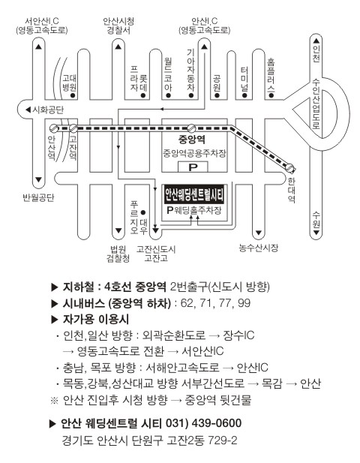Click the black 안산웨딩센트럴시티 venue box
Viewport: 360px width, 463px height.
(x=194, y=195)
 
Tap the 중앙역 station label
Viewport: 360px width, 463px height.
(x=192, y=139)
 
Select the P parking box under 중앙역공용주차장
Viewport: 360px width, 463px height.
(x=193, y=167)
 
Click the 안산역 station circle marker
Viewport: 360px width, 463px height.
(x=54, y=128)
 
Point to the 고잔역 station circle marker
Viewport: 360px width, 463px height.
(x=73, y=128)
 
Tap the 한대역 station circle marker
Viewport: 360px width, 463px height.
(x=290, y=168)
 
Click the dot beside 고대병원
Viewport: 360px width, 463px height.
(x=73, y=95)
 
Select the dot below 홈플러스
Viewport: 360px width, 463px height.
(x=271, y=95)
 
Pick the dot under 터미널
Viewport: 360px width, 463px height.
(x=244, y=95)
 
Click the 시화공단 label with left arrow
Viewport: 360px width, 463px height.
(x=45, y=110)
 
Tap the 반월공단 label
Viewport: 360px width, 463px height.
(x=38, y=197)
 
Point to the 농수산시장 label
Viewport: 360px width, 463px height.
(x=259, y=248)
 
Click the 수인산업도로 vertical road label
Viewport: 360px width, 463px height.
(x=316, y=104)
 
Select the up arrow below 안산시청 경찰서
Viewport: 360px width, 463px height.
(x=118, y=47)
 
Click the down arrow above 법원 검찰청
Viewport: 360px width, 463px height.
(x=118, y=230)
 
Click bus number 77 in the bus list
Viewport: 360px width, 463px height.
(x=226, y=303)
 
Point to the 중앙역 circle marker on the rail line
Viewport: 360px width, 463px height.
(x=191, y=128)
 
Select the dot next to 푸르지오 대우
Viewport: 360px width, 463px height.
(x=143, y=212)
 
